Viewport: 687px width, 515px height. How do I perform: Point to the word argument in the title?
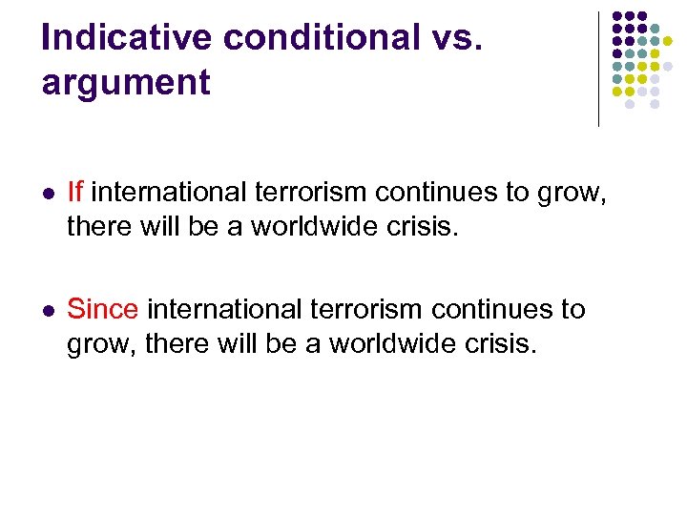click(x=126, y=83)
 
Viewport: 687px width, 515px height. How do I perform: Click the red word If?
click(x=75, y=193)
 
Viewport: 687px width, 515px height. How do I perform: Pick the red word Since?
click(x=103, y=310)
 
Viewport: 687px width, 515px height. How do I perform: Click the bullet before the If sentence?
click(x=49, y=194)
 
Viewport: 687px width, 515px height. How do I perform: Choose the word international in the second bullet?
click(x=227, y=310)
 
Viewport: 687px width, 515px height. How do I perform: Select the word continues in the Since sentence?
click(x=498, y=310)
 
